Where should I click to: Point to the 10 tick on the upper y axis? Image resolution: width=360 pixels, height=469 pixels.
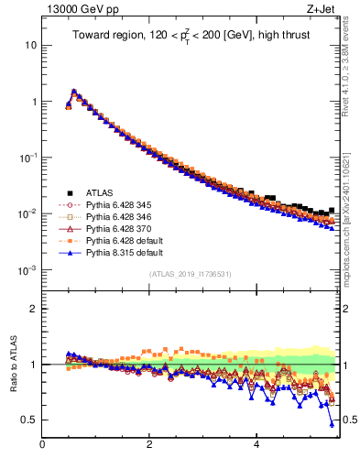[x=30, y=45]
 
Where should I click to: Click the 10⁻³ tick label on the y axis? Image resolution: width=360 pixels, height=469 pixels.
[x=27, y=271]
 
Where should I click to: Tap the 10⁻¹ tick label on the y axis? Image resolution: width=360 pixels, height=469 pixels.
[x=27, y=158]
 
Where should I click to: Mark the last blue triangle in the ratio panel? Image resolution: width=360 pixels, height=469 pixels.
[x=332, y=423]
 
